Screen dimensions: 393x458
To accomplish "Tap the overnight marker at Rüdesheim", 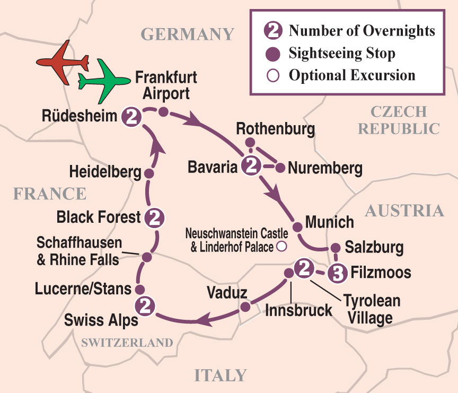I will (133, 117).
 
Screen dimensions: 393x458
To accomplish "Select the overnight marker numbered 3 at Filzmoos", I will (337, 273).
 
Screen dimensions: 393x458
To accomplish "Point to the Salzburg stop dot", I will (335, 248).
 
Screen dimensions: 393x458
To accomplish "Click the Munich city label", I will (329, 221).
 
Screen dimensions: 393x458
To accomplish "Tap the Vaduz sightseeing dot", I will (244, 307).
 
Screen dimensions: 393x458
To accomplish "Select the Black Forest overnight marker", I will (154, 217).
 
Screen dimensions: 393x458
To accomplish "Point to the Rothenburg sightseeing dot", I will (251, 142).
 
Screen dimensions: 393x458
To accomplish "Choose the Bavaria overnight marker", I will (250, 167).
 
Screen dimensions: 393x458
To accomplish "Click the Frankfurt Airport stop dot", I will (164, 112).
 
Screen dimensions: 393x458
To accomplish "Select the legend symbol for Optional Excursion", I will (273, 75).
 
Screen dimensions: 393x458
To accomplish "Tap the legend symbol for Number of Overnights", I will (274, 31).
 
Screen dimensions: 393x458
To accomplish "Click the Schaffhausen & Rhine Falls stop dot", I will (147, 257).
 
